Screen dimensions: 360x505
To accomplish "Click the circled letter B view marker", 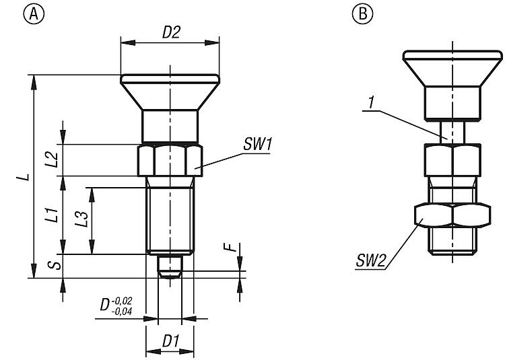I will [x=364, y=12].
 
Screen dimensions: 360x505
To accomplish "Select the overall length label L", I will [x=24, y=176].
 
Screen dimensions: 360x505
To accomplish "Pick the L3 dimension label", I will [x=82, y=219].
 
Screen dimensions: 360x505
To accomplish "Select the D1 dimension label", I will [x=170, y=341].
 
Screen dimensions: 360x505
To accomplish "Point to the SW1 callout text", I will [x=257, y=144].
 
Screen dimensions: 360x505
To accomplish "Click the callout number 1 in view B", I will [x=371, y=102].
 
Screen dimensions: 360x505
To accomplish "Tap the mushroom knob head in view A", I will [x=170, y=91].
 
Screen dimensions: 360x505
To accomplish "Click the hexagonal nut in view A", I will [x=170, y=160].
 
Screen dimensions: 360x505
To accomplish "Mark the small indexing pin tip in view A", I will [x=170, y=266].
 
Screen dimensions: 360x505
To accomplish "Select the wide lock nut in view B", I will [x=452, y=215].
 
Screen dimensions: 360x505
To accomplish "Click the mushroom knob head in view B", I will [x=452, y=67].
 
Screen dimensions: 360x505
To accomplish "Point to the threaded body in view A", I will [x=170, y=215].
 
